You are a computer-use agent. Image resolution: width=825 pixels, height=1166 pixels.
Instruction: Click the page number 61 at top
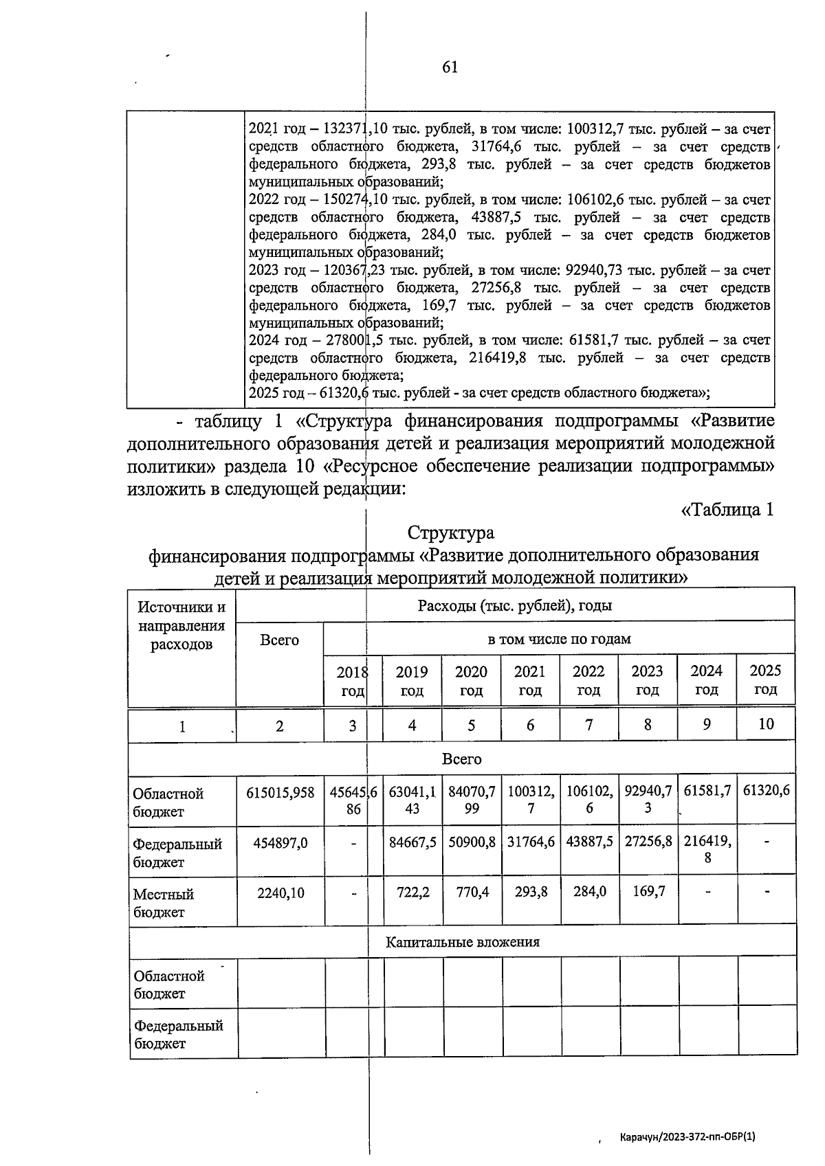tap(450, 67)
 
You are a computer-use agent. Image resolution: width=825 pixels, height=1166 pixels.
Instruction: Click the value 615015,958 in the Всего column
tap(280, 792)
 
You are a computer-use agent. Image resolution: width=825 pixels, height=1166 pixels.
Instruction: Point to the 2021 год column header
tap(530, 680)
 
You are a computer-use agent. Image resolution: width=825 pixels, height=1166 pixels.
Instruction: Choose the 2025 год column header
tap(765, 680)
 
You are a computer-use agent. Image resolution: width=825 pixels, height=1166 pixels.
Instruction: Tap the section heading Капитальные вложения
tap(462, 942)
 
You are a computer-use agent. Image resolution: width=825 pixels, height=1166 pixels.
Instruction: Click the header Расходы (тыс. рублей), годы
tap(515, 605)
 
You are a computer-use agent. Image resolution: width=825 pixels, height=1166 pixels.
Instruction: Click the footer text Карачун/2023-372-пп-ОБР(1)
tap(687, 1136)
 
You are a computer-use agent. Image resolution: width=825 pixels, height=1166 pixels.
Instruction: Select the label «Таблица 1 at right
tap(727, 510)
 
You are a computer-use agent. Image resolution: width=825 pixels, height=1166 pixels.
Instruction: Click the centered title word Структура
tap(450, 532)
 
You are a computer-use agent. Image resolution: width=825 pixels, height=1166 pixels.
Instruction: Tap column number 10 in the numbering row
tap(765, 724)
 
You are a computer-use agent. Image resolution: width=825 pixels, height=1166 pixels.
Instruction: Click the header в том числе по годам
tap(559, 639)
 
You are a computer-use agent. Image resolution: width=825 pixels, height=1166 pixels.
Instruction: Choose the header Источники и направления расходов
tap(181, 625)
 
